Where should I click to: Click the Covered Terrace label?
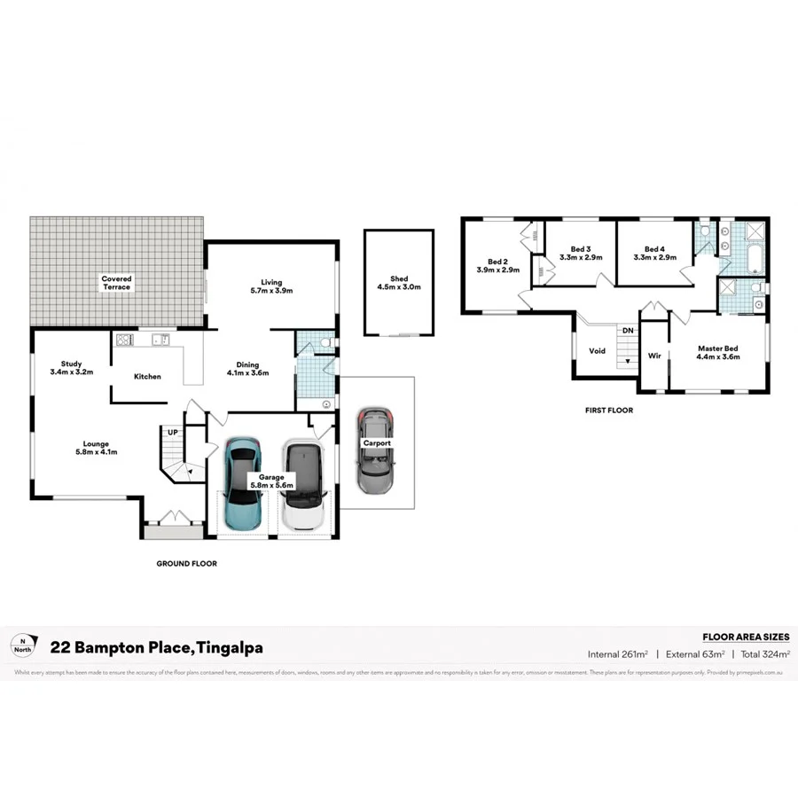click(116, 283)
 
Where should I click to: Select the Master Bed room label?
click(718, 352)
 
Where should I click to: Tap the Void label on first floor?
click(598, 351)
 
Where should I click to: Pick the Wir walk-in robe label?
click(654, 356)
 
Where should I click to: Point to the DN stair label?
click(627, 331)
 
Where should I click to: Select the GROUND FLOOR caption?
click(186, 563)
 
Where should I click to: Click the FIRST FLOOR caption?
click(608, 411)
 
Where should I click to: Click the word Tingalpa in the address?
click(229, 648)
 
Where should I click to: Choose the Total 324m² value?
click(764, 653)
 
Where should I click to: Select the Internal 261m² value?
click(617, 653)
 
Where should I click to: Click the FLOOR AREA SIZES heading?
click(745, 637)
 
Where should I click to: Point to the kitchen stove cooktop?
click(123, 339)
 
